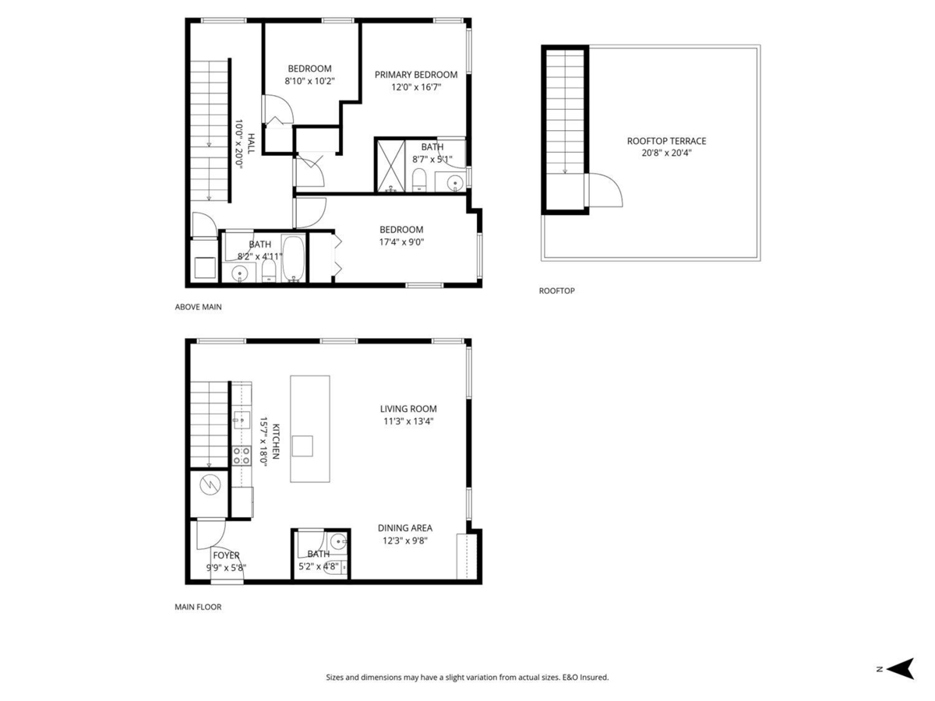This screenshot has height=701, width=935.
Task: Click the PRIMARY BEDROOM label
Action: pos(415,75)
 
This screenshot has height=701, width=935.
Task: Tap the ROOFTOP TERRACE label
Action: pos(666,141)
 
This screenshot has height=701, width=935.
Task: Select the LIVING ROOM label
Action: pos(408,409)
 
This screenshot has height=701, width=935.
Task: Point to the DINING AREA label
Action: pos(405,527)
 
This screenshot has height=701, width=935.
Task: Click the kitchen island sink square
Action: pos(302,446)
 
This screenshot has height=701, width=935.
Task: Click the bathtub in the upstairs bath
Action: pos(294,258)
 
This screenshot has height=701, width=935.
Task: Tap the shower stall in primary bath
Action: pos(389,164)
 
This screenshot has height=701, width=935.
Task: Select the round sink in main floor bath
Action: pos(337,541)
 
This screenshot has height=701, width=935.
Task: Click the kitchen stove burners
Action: pos(241,455)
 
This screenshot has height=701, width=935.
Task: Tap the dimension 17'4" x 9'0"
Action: pos(401,241)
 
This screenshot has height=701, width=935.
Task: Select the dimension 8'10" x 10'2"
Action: pos(309,81)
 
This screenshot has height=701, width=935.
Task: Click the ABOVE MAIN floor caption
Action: pos(198,307)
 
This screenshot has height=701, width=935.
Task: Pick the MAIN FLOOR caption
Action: pos(197,607)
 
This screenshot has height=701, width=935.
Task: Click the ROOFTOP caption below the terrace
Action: pos(556,291)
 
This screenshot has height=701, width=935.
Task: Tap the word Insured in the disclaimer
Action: pos(594,678)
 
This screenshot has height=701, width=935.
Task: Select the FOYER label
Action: pos(226,555)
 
